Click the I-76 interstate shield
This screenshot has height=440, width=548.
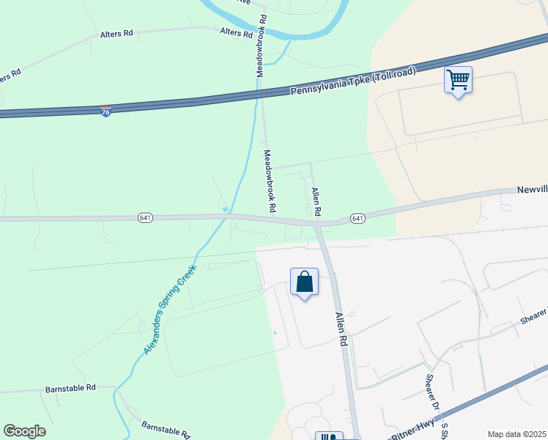(x=106, y=111)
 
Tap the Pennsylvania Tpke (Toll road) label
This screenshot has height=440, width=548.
(x=353, y=82)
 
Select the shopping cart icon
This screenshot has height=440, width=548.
(x=458, y=81)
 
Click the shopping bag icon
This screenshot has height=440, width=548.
(x=304, y=282)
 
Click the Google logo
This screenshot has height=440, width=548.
(x=24, y=431)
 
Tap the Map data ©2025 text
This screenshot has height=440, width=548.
(x=516, y=434)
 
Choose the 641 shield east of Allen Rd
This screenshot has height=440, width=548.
(x=358, y=219)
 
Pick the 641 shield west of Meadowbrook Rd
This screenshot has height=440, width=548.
(x=145, y=218)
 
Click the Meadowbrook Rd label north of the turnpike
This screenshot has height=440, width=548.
(x=259, y=45)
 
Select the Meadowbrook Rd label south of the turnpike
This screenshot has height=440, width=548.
(x=270, y=180)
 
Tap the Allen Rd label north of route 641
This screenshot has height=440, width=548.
(x=316, y=201)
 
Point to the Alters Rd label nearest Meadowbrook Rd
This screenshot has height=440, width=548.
(x=236, y=33)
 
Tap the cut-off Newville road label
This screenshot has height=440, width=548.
(x=533, y=189)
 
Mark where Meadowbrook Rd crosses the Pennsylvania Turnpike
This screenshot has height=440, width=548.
(x=260, y=93)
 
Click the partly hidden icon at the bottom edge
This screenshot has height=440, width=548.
(x=329, y=436)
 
